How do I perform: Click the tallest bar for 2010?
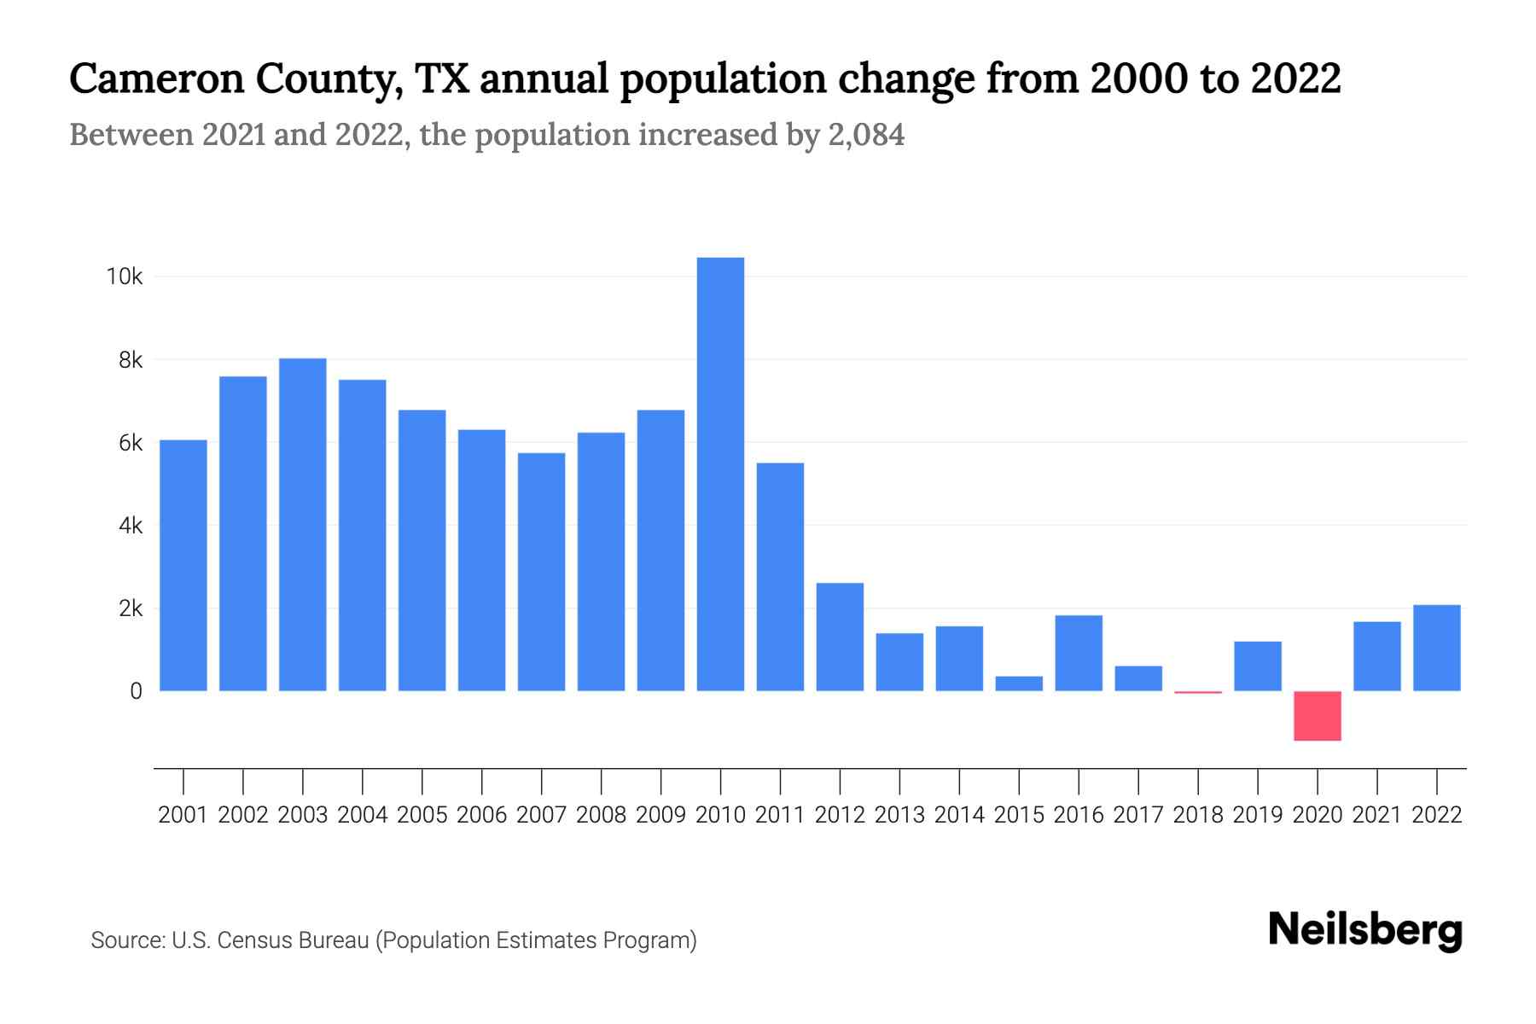tap(720, 474)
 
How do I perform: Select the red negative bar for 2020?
tap(1317, 716)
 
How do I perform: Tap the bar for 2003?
tap(303, 524)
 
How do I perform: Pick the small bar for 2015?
tap(1019, 684)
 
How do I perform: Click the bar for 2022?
tap(1436, 648)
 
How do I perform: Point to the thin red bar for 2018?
tap(1198, 692)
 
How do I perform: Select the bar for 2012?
tap(840, 637)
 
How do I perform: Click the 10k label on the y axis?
tap(124, 276)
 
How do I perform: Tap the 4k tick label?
tap(131, 526)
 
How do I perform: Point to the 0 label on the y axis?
tap(136, 691)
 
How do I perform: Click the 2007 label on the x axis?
tap(541, 815)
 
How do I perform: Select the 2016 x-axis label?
tap(1078, 815)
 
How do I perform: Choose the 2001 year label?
tap(183, 815)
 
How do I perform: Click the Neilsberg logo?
tap(1364, 930)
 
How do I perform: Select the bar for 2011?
tap(780, 577)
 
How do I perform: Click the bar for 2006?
tap(481, 560)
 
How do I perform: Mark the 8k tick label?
tap(131, 360)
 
